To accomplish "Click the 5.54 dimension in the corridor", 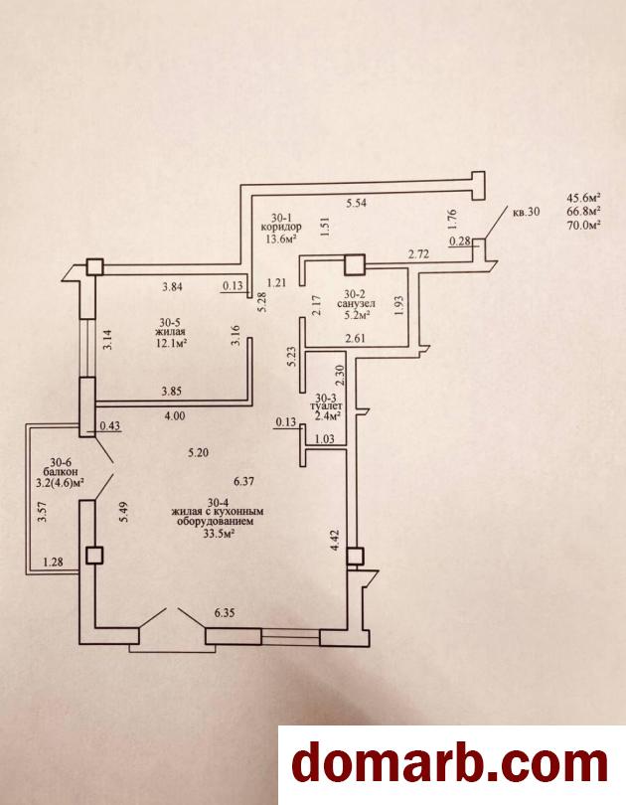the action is click(356, 203).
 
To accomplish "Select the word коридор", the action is click(281, 227).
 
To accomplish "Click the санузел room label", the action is click(356, 304).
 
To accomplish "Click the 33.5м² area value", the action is click(219, 534).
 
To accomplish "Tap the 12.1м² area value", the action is click(170, 343).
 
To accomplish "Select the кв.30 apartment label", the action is click(527, 211).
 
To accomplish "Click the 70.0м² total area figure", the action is click(584, 224).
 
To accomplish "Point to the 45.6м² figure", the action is click(584, 197).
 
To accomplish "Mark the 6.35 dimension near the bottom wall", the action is click(225, 613).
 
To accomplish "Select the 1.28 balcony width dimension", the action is click(53, 563).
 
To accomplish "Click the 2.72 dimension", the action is click(418, 253).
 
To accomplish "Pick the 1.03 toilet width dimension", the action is click(325, 439).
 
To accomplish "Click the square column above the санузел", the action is click(354, 264).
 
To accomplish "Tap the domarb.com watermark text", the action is click(450, 764).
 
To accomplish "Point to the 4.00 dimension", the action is click(175, 416).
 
